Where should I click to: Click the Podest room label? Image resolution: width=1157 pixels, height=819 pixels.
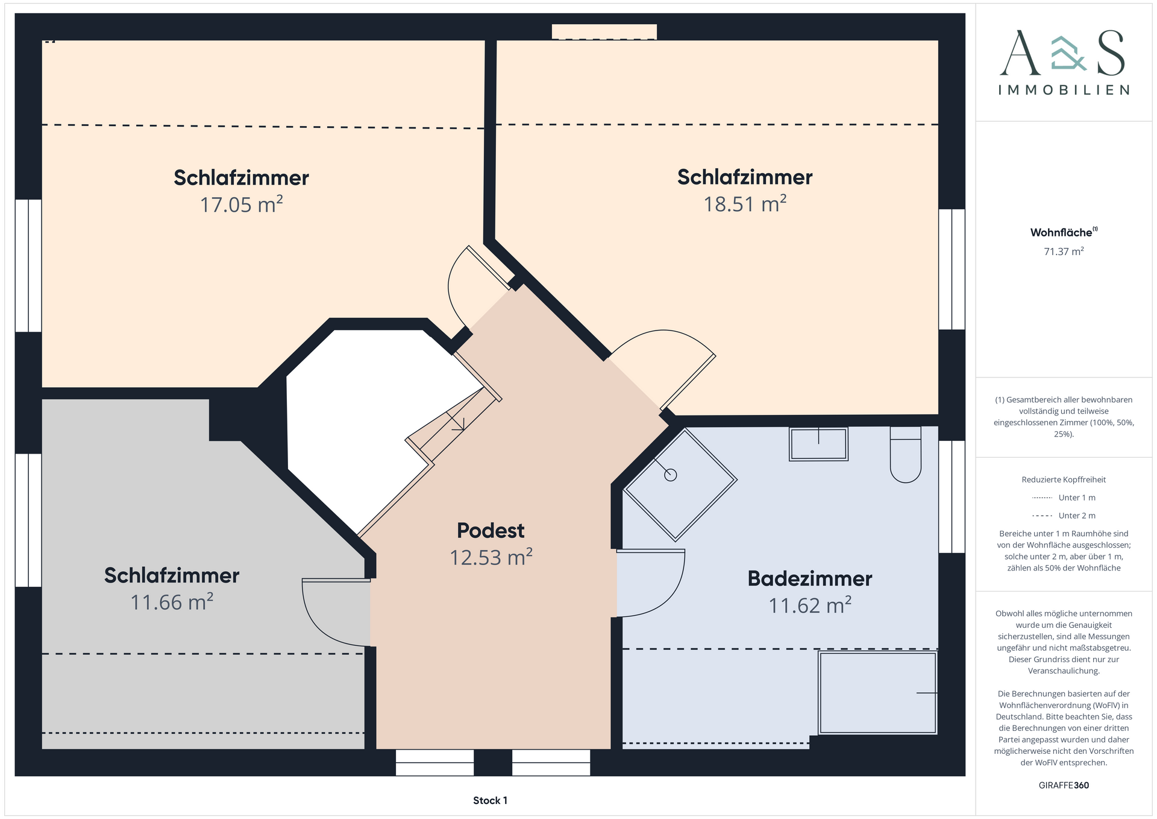tap(491, 531)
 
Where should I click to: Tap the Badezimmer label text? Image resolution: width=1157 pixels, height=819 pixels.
tap(810, 578)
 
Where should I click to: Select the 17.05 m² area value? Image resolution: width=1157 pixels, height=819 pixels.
tap(241, 204)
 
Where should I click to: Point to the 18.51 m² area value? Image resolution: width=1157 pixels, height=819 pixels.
tap(745, 204)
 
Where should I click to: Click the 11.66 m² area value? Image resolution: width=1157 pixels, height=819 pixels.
tap(172, 602)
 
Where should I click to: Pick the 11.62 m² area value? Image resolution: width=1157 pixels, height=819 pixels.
tap(810, 605)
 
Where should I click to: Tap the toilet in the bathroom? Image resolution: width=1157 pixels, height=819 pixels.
tap(906, 455)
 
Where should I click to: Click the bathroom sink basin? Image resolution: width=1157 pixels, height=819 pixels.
tap(818, 444)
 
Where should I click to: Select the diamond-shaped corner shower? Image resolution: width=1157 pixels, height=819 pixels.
tap(680, 484)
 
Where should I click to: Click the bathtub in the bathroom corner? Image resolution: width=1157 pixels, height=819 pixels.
tap(877, 692)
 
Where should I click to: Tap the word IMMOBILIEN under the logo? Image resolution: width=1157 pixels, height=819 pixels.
tap(1064, 90)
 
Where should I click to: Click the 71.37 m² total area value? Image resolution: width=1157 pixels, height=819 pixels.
tap(1064, 251)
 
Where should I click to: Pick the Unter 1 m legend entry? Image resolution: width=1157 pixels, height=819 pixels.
tap(1064, 498)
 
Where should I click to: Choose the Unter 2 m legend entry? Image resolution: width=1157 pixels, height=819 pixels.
tap(1064, 516)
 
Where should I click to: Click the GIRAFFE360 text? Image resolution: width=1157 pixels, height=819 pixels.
tap(1064, 785)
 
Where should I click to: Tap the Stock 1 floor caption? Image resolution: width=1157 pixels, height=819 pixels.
tap(490, 800)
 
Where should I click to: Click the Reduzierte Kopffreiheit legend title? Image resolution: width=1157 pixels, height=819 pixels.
tap(1064, 479)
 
